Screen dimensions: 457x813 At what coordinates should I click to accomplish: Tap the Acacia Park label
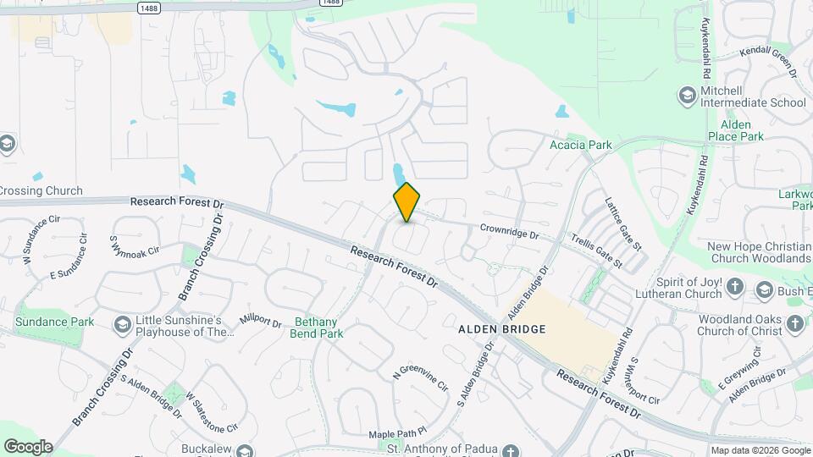[x=580, y=145]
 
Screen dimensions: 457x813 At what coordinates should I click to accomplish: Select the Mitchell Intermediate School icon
[x=686, y=96]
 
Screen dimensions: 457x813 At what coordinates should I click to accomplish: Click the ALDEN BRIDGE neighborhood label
[x=501, y=328]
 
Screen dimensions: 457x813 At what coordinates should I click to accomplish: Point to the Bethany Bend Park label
[x=318, y=328]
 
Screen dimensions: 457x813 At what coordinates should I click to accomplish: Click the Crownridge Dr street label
[x=509, y=228]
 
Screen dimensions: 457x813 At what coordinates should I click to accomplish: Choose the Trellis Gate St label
[x=598, y=251]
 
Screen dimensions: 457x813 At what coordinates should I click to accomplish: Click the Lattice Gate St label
[x=623, y=223]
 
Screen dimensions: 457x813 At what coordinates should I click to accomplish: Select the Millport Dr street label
[x=260, y=321]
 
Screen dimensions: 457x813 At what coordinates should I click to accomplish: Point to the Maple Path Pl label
[x=396, y=434]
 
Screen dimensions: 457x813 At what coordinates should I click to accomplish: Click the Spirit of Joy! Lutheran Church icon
[x=734, y=287]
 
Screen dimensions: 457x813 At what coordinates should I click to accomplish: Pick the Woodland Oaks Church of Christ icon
[x=794, y=322]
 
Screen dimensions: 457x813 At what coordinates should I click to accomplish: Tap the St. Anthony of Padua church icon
[x=511, y=450]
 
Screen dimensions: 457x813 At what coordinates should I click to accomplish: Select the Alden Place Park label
[x=736, y=130]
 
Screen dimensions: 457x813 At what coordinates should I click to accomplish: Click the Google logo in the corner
[x=28, y=446]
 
